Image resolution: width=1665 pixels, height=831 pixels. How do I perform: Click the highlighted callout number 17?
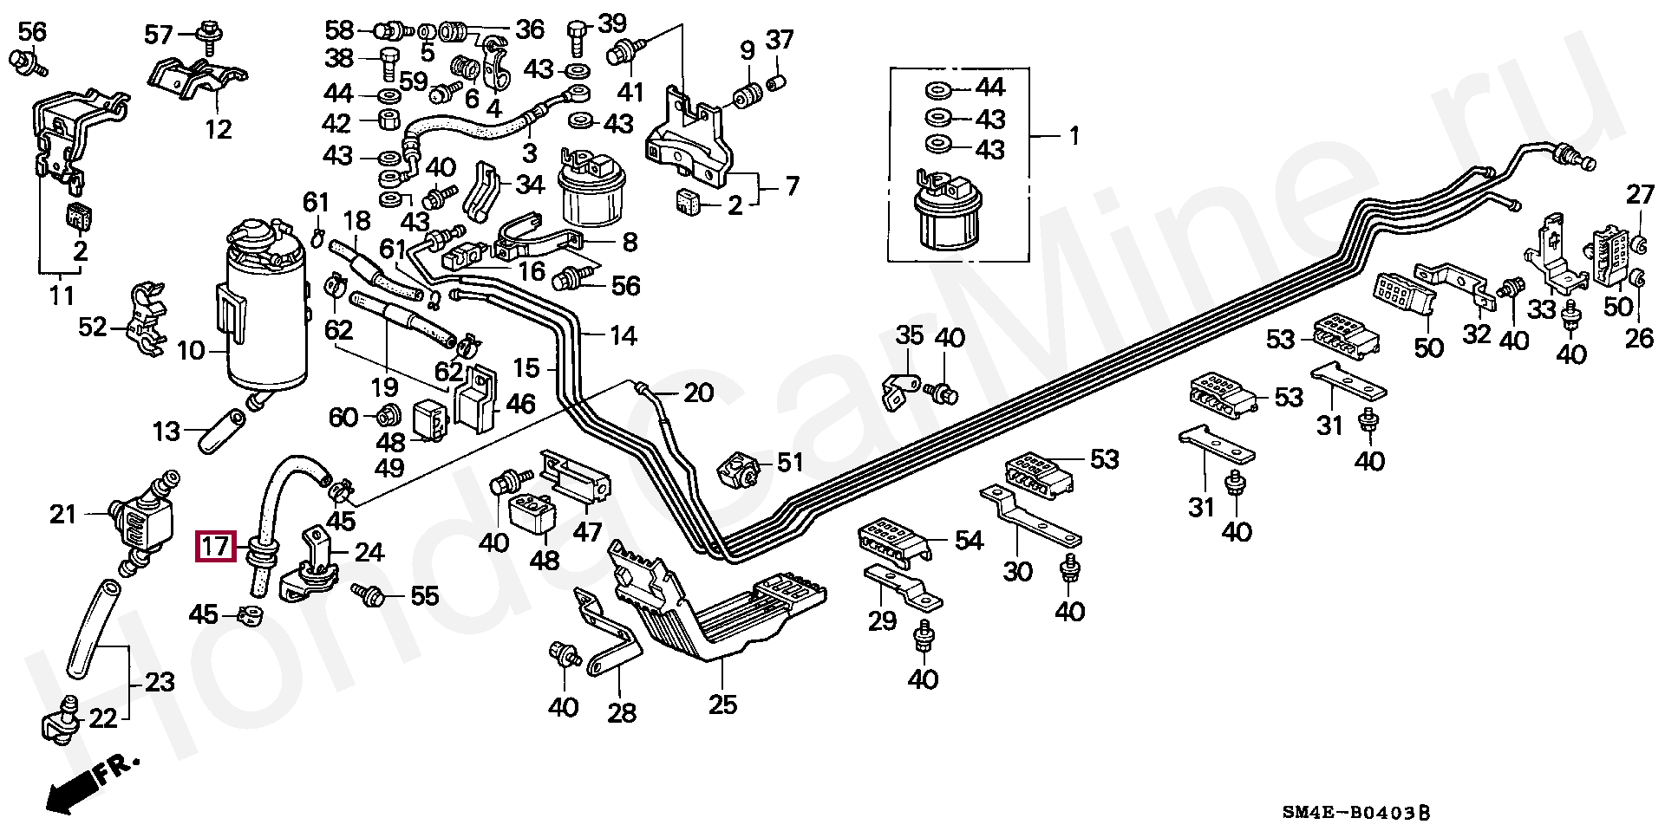click(214, 547)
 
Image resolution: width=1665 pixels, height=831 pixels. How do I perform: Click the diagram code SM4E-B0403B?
click(1355, 812)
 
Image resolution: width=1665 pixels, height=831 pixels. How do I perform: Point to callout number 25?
click(722, 704)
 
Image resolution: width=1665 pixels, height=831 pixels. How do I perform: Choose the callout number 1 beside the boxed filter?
click(1074, 136)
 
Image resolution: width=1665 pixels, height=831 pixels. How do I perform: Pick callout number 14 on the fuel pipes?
click(624, 335)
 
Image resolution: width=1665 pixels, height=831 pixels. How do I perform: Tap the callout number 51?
click(790, 463)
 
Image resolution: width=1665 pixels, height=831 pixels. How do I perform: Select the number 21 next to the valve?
click(63, 515)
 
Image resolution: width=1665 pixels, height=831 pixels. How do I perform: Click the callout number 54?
click(969, 541)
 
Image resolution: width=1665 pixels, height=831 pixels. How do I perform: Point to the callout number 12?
click(219, 130)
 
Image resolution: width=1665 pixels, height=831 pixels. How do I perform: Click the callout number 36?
click(530, 29)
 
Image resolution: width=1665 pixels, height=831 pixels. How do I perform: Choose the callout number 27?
click(1640, 195)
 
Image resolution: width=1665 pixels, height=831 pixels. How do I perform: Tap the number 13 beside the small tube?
click(166, 432)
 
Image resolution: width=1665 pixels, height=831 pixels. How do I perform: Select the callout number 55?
click(424, 595)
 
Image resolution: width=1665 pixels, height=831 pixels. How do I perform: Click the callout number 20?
click(699, 393)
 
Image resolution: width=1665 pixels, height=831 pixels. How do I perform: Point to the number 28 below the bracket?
click(622, 712)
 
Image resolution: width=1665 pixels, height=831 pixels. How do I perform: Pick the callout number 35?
click(910, 335)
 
